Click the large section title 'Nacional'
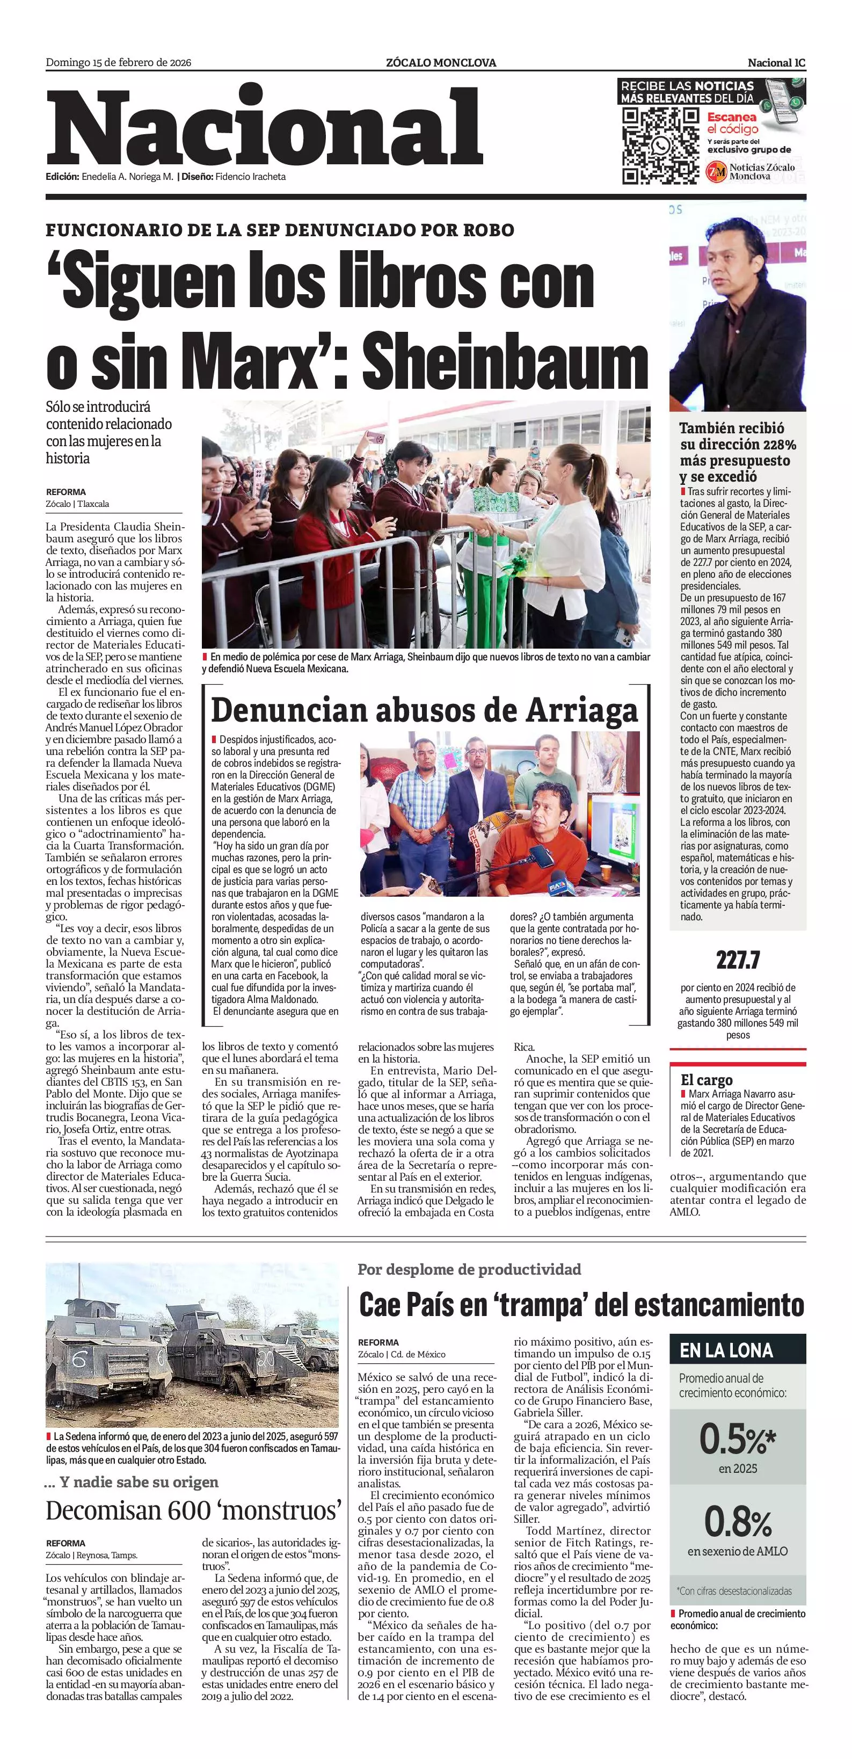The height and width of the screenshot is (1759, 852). point(265,128)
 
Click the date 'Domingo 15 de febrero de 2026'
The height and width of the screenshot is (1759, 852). point(118,63)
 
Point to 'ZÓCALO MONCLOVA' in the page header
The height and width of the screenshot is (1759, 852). point(441,63)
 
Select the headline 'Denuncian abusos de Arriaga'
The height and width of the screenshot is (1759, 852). point(424,710)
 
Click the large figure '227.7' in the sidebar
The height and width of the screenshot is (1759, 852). point(738,961)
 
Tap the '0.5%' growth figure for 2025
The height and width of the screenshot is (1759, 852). point(737,1440)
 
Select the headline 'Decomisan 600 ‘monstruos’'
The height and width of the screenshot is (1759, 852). point(193,1510)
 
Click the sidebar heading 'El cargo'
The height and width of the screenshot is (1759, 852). point(707,1080)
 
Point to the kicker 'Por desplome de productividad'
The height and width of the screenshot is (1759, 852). point(469,1269)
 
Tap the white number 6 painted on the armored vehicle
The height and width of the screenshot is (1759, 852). point(79,1362)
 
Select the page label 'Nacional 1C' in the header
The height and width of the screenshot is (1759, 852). point(776,63)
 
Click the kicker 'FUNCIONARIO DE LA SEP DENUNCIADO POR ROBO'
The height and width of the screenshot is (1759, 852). point(280,230)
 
